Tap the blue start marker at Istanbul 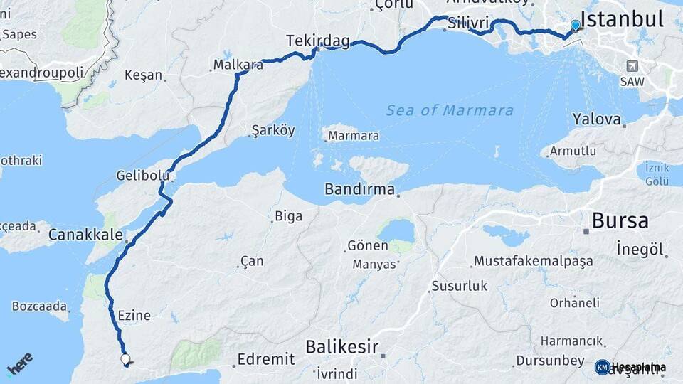[x=576, y=26]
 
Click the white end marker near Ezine [x=126, y=360]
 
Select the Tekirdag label [x=318, y=41]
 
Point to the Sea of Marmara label [x=450, y=110]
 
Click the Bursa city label [x=620, y=220]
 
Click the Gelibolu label [x=142, y=175]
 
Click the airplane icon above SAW [x=630, y=65]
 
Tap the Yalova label [x=597, y=119]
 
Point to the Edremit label [x=266, y=359]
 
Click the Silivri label [x=467, y=23]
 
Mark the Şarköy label [x=272, y=131]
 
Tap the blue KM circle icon [x=602, y=367]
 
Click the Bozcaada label [x=39, y=306]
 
